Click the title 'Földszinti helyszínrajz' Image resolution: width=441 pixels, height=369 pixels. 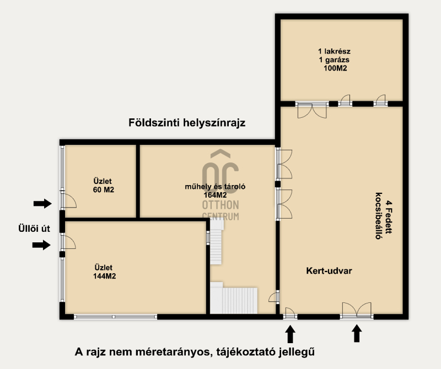pos(187,123)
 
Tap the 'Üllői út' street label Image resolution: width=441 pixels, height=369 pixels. pos(34,228)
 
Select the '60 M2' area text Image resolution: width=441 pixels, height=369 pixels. pos(104,189)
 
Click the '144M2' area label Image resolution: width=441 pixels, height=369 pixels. pos(104,276)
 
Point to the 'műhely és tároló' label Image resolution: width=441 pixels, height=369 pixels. pos(215,187)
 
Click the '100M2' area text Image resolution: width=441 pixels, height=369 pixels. pos(335,68)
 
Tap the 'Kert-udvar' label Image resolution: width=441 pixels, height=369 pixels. pos(329,270)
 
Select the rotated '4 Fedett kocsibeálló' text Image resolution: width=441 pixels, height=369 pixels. pos(383,216)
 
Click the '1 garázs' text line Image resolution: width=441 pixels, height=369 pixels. pos(334,59)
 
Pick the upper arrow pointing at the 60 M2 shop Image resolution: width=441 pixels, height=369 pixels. pos(42,203)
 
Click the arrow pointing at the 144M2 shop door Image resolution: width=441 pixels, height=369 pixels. pos(41,245)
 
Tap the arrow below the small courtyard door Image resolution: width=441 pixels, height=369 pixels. pos(291,334)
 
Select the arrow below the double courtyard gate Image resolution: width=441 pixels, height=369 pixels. pos(357,333)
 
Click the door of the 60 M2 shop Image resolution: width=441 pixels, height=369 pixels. pos(68,200)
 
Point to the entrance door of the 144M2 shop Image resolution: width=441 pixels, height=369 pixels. pos(68,241)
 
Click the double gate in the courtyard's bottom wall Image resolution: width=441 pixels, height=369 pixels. pos(357,311)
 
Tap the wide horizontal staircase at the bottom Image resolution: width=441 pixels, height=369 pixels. pos(234,300)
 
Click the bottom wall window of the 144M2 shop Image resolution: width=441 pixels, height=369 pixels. pos(115,317)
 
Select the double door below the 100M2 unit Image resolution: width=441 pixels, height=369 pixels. pos(312,110)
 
